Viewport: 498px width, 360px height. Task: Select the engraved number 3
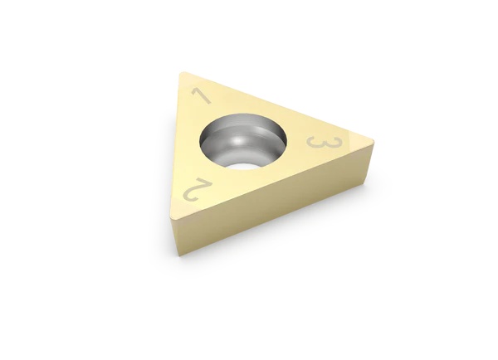click(322, 143)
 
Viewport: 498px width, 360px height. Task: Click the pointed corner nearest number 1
click(180, 74)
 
